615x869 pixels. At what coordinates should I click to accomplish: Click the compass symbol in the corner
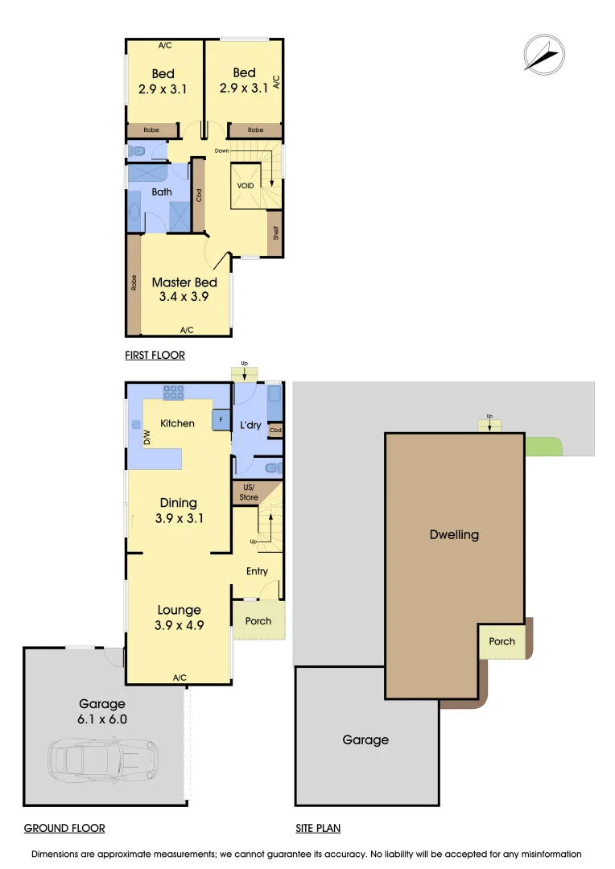click(542, 54)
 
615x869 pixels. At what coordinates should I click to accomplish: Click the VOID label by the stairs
click(246, 186)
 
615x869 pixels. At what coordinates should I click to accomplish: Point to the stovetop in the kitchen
click(173, 393)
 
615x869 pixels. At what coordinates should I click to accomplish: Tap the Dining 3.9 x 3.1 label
click(179, 511)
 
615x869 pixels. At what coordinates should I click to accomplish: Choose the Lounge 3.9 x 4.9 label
click(179, 618)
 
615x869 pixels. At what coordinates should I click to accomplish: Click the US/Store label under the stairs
click(249, 493)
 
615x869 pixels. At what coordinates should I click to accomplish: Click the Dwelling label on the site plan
click(455, 534)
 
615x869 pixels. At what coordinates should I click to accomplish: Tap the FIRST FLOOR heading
click(155, 355)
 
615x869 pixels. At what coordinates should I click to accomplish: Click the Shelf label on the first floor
click(275, 233)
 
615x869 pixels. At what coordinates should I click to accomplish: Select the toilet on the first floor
click(138, 150)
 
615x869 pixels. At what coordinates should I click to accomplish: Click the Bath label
click(162, 192)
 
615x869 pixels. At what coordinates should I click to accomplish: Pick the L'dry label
click(250, 425)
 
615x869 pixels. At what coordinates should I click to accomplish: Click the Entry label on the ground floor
click(258, 571)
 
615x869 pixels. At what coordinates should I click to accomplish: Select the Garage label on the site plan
click(365, 740)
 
